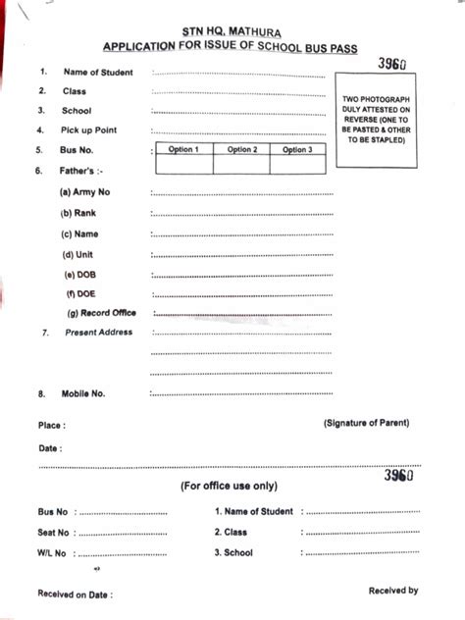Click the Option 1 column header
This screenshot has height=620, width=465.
(183, 150)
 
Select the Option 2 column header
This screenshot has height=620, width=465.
(241, 150)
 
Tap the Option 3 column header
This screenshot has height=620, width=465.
(296, 150)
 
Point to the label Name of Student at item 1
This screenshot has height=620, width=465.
(98, 72)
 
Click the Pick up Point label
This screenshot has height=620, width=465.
(89, 130)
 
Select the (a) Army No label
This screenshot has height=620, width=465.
(85, 191)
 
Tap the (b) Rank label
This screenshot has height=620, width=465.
(79, 212)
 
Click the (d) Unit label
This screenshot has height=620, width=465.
(77, 253)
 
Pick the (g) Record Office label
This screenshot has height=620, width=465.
(101, 313)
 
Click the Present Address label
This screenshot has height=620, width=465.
(98, 333)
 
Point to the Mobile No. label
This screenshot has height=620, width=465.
(84, 393)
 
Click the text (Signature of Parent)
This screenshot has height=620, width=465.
(366, 423)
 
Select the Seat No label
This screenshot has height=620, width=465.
(54, 533)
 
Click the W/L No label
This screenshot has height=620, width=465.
(52, 553)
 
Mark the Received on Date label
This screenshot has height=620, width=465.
(75, 594)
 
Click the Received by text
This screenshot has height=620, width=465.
(393, 591)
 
